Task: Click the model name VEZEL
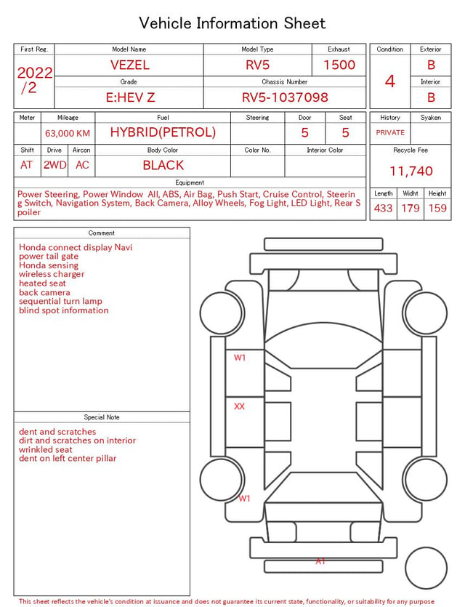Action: [129, 65]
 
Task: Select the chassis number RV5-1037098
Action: [285, 97]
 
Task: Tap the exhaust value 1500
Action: [339, 65]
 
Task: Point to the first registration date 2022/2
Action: [34, 80]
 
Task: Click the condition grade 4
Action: [390, 81]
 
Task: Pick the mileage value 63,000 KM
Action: [68, 134]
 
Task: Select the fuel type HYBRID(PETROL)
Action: [163, 132]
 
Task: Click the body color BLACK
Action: [163, 165]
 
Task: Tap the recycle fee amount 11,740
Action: [411, 171]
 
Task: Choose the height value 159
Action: [437, 208]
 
